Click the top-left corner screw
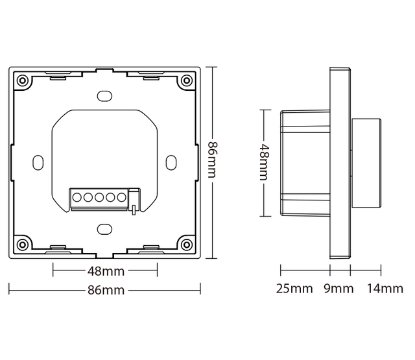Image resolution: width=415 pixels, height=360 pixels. click(x=23, y=81)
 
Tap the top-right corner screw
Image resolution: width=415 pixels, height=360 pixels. click(x=187, y=81)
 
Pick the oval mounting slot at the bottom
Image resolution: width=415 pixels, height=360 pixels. click(x=104, y=229)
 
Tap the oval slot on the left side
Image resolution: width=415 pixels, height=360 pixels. click(x=38, y=162)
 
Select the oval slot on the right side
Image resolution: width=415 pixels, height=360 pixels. click(x=171, y=162)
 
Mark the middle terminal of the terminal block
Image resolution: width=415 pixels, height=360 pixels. click(x=99, y=197)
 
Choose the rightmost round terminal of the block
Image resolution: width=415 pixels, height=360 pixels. click(x=121, y=197)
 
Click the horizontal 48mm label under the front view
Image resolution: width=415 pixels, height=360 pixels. click(x=105, y=271)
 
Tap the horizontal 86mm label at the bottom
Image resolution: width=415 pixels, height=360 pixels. click(x=105, y=290)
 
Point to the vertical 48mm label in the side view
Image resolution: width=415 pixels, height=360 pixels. click(x=263, y=163)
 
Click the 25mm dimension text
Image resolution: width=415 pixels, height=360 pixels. click(x=294, y=289)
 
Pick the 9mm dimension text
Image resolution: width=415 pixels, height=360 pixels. click(x=338, y=289)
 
